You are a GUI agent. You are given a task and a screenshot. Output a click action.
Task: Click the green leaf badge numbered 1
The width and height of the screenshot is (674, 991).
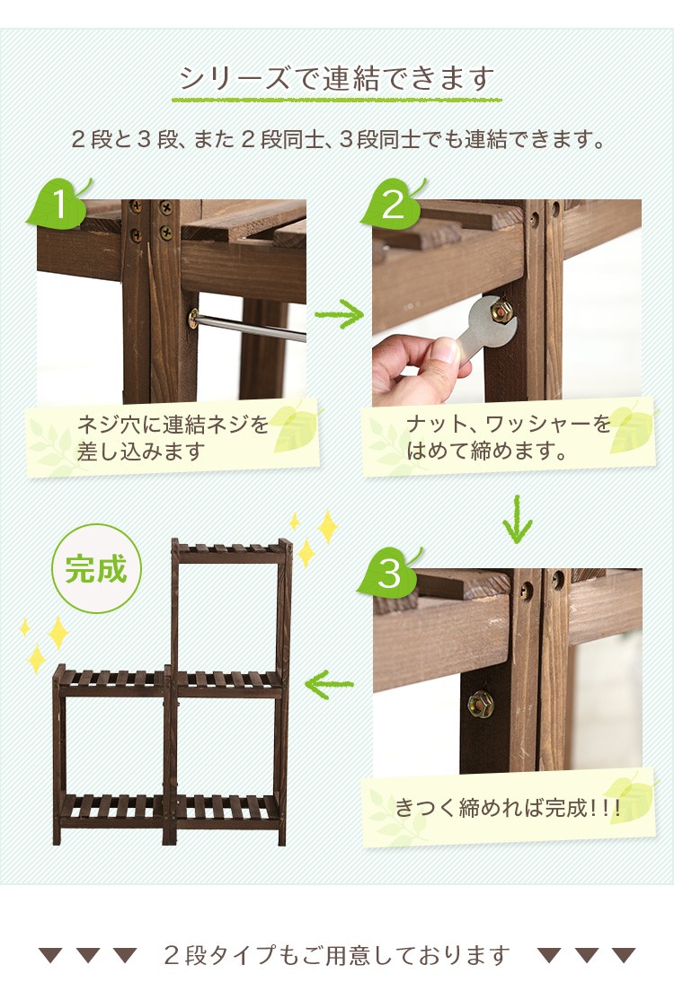point(58,204)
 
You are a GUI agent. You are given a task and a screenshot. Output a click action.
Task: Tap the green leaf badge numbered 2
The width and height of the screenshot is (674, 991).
point(393,204)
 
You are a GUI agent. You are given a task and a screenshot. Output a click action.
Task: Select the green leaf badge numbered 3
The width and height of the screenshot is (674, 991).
point(389,573)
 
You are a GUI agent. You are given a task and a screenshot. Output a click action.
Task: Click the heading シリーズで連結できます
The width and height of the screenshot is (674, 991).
point(336,78)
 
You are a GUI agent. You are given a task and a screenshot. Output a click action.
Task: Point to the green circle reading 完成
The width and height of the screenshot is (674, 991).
point(96,569)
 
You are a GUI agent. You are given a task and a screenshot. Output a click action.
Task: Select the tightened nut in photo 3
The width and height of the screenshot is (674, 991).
point(481,703)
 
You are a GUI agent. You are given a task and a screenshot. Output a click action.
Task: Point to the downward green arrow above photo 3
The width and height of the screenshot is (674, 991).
point(518,520)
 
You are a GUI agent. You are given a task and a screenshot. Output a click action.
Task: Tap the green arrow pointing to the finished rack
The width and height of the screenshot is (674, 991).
point(328,684)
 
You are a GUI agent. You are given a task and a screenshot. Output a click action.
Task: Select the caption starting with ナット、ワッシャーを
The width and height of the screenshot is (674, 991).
point(508,437)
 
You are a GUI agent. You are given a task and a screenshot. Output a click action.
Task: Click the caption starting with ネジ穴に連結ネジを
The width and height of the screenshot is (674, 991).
point(173,437)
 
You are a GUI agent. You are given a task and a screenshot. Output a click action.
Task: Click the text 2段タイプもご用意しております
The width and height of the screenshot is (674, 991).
point(336,954)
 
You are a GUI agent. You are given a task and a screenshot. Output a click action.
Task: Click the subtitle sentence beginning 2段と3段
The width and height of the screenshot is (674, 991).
point(337,139)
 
